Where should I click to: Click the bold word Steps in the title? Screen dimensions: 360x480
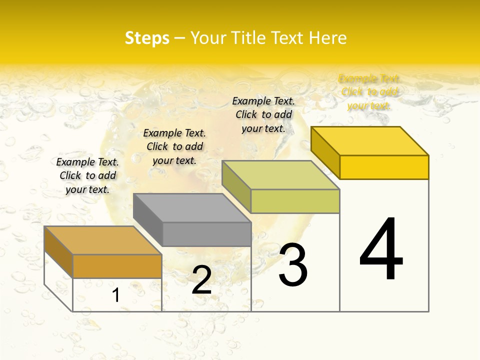click(x=147, y=38)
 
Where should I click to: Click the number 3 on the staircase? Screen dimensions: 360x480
click(x=293, y=265)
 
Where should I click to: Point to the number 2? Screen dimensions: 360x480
click(x=201, y=280)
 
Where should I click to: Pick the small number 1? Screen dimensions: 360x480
click(x=115, y=295)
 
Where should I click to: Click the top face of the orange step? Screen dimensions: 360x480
click(x=102, y=240)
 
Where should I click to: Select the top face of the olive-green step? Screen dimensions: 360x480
click(x=280, y=175)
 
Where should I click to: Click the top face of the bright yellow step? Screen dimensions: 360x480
click(x=370, y=141)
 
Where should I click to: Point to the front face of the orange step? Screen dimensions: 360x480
click(x=117, y=266)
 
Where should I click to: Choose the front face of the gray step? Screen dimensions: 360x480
click(x=206, y=234)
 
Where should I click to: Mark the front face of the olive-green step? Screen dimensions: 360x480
click(x=295, y=201)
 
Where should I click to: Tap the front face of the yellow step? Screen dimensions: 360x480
click(x=384, y=167)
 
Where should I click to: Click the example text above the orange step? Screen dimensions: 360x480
click(x=87, y=175)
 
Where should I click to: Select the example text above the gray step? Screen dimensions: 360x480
click(x=174, y=146)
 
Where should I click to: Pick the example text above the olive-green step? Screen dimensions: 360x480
click(x=263, y=114)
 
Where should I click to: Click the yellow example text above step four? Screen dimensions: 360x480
click(x=369, y=92)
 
